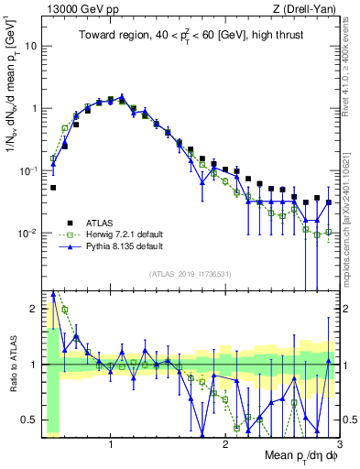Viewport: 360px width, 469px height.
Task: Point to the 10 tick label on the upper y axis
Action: click(x=31, y=45)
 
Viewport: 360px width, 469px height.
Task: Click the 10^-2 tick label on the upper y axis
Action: click(x=27, y=234)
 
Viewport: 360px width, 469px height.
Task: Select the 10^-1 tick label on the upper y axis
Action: click(x=27, y=171)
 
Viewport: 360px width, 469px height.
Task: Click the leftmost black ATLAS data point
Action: click(x=53, y=187)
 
